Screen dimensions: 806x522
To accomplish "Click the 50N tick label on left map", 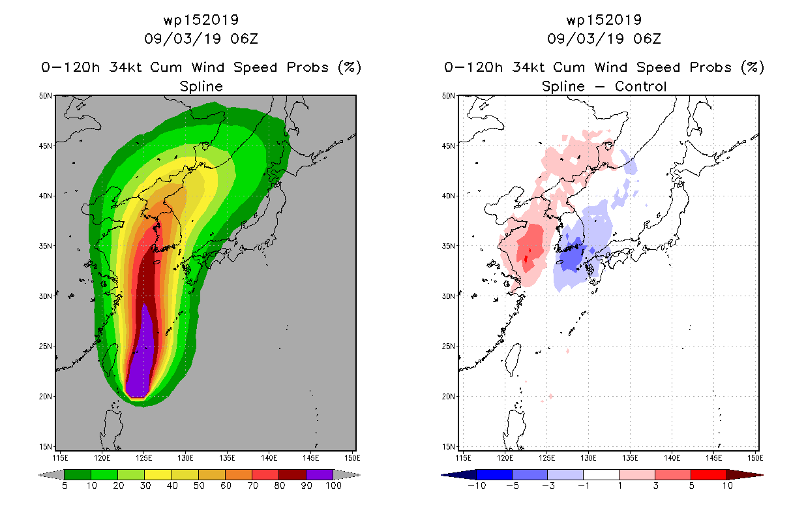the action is click(46, 96).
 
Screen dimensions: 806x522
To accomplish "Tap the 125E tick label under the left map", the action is click(143, 458).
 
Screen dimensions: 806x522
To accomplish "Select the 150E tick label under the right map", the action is click(755, 458).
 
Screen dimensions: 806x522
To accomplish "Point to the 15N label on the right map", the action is click(449, 446).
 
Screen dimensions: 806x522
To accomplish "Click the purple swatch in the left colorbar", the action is click(320, 474).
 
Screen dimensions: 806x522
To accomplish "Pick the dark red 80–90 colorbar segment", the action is click(293, 474).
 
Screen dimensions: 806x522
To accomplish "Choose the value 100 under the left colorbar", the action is click(334, 485).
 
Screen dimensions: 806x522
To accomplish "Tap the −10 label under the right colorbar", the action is click(477, 485).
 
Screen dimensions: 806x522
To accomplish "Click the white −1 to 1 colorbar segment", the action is click(601, 474).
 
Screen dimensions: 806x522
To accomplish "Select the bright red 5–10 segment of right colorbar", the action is click(708, 474).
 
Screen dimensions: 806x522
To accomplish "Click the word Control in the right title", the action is click(640, 86).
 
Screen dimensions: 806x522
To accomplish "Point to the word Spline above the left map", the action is click(201, 87).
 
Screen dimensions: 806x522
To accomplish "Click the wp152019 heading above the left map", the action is click(201, 20).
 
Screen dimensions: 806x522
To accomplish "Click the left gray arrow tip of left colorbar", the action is click(39, 475).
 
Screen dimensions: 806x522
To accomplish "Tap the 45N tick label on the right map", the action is click(449, 146).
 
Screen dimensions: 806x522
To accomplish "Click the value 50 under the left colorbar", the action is click(199, 485).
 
